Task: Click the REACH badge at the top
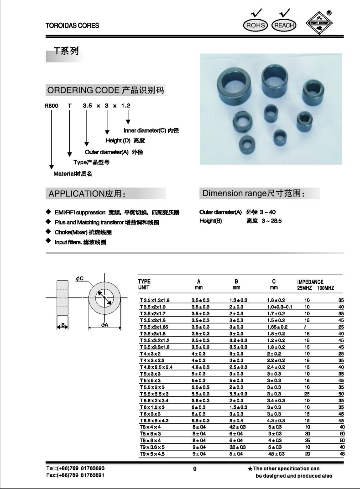tap(283, 26)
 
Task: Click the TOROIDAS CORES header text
tap(72, 26)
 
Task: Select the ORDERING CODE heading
tap(105, 90)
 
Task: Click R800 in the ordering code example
tap(51, 106)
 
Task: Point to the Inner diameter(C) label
tap(151, 130)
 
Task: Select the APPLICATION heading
tap(87, 194)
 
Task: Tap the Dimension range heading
tap(253, 193)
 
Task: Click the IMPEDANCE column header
tap(310, 282)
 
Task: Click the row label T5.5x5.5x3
tap(154, 393)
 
